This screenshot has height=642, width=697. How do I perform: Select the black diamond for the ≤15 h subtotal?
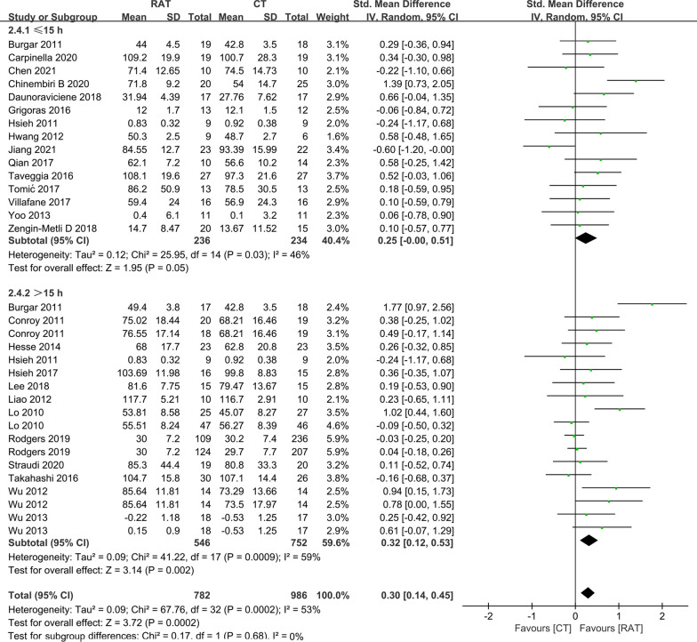[586, 238]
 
